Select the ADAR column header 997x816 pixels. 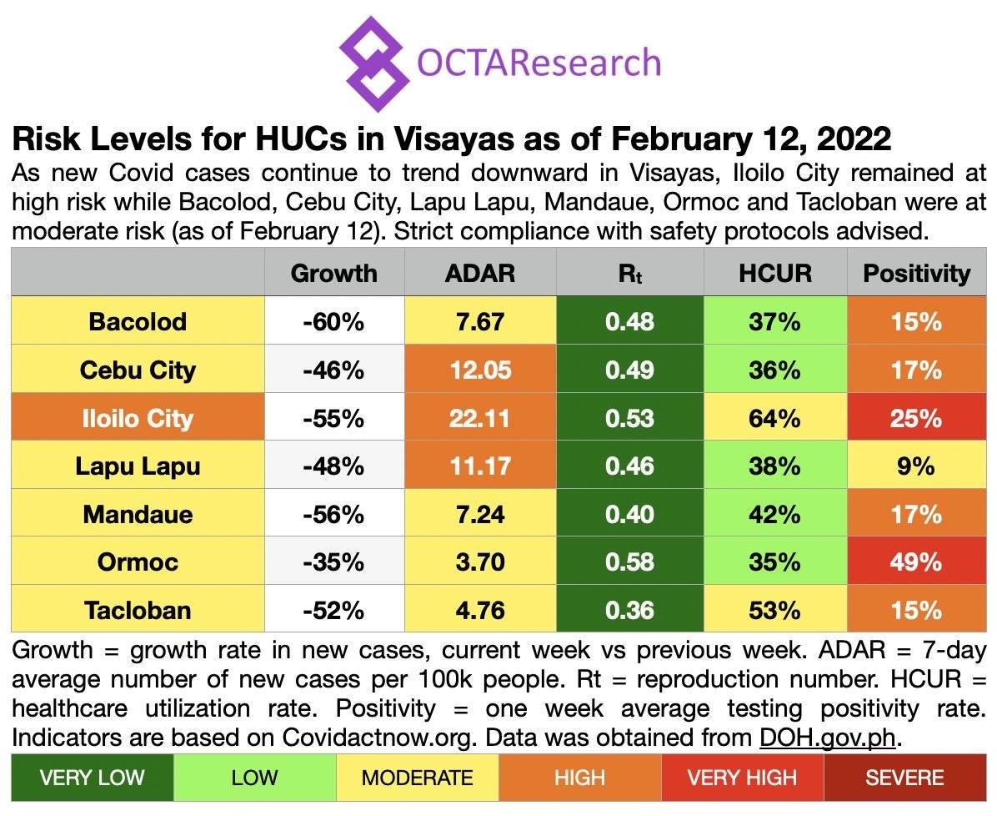479,273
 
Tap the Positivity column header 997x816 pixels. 916,273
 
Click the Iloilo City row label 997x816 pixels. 138,417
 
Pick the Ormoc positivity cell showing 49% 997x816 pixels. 916,562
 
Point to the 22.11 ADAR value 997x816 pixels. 479,417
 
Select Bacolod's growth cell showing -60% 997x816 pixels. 333,321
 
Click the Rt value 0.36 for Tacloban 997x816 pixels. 629,610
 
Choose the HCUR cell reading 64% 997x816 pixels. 774,417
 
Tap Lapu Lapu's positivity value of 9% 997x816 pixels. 916,466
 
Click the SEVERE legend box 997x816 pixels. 904,778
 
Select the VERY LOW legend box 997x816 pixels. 92,778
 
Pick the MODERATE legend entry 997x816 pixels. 417,778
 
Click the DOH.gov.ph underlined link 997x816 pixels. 830,738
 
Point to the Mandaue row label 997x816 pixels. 138,513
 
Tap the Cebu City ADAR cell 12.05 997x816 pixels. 479,370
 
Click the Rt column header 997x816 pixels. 629,273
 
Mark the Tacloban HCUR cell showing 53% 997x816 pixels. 774,610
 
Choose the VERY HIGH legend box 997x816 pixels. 742,778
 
